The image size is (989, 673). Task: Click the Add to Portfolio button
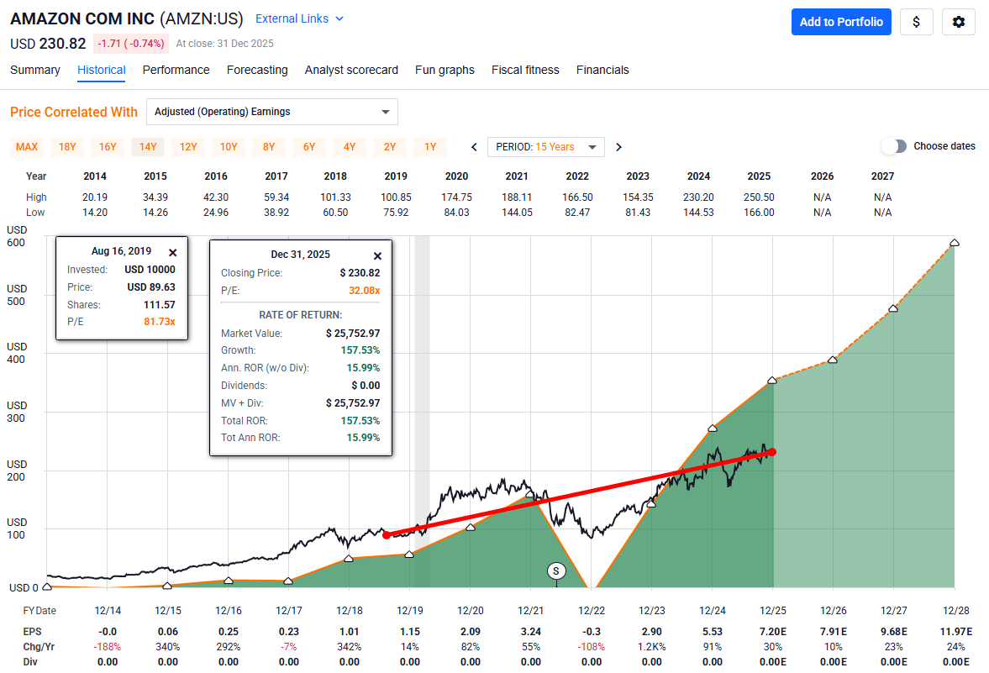[841, 22]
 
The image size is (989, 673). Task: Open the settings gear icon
[958, 22]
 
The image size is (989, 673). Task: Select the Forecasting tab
[257, 70]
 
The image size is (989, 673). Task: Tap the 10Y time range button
[229, 147]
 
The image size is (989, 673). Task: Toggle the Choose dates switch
[894, 146]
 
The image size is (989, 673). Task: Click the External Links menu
[299, 18]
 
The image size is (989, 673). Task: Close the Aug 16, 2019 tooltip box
[172, 252]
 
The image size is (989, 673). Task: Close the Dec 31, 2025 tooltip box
[377, 255]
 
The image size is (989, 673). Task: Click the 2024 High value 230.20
[698, 197]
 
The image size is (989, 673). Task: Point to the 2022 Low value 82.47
[577, 213]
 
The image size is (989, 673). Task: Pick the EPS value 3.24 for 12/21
[530, 631]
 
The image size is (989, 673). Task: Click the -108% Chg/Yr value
[591, 647]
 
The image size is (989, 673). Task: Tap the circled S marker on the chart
[555, 570]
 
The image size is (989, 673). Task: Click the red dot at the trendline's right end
[771, 452]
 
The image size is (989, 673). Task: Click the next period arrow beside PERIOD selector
[618, 147]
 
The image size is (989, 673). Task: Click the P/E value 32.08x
[364, 290]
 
